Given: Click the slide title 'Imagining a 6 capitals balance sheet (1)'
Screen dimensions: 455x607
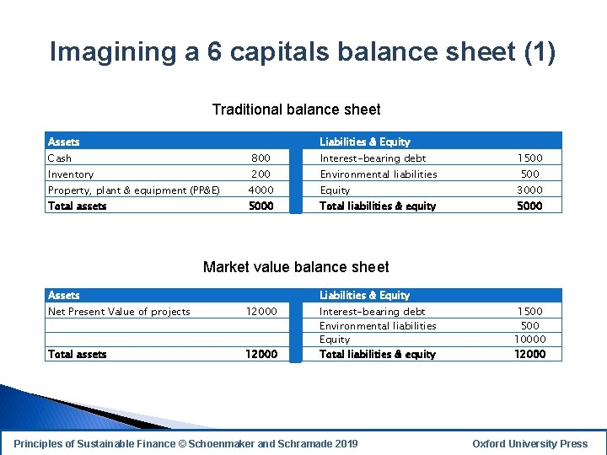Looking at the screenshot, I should [x=303, y=52].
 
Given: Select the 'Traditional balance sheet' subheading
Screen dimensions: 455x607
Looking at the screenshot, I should [x=296, y=110].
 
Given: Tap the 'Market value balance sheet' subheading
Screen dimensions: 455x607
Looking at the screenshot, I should [x=296, y=267].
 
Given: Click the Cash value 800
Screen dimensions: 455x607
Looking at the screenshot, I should [x=261, y=158].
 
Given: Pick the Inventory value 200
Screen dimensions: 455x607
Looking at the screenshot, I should [x=261, y=174].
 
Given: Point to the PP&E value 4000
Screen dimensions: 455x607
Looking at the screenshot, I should [x=261, y=190].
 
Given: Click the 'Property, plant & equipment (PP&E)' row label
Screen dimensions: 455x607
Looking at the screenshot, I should [x=134, y=190].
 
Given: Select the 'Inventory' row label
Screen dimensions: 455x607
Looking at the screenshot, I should [x=71, y=174].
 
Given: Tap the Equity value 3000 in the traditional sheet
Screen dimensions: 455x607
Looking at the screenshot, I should [x=529, y=190].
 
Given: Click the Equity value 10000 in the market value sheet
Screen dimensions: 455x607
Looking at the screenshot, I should [x=529, y=340].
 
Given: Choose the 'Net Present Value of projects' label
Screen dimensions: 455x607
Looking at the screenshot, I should [x=119, y=312].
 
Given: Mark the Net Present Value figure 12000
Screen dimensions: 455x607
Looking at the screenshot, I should [x=261, y=312].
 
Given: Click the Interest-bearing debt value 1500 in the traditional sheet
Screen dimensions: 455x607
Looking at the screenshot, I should [x=529, y=158].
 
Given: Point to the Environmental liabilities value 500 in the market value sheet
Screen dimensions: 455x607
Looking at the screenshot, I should [x=529, y=326].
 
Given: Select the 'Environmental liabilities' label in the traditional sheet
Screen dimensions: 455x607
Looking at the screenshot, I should [x=378, y=174].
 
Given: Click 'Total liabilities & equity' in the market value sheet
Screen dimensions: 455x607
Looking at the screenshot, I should [x=377, y=355].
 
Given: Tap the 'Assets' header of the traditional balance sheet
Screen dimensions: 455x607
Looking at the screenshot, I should [x=64, y=142].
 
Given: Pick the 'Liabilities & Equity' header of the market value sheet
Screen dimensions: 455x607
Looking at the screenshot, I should [x=364, y=296].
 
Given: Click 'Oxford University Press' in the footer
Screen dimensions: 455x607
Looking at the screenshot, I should [x=529, y=444].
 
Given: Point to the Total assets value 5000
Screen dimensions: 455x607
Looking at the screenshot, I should [x=261, y=206].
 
